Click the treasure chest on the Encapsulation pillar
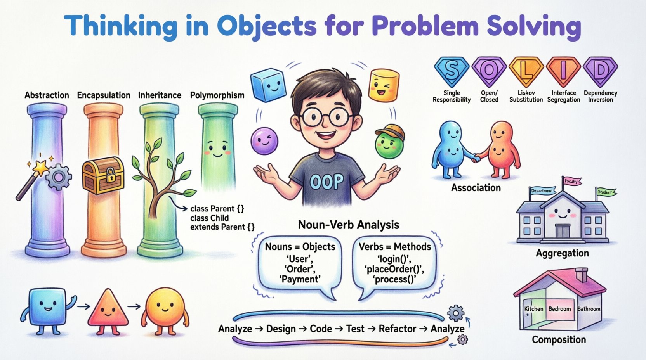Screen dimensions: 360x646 click(x=103, y=175)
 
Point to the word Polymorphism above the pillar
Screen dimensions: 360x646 click(x=217, y=95)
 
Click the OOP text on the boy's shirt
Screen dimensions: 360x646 click(x=327, y=181)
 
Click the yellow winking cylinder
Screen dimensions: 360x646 click(x=384, y=85)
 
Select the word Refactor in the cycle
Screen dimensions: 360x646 click(x=398, y=329)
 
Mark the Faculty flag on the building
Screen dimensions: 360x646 click(x=571, y=181)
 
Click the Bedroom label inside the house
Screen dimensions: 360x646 click(x=559, y=309)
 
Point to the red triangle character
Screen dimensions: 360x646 click(x=108, y=309)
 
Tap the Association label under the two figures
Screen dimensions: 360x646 click(x=476, y=188)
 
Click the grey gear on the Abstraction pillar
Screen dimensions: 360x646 click(x=59, y=177)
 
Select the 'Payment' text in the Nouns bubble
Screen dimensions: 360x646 click(x=300, y=279)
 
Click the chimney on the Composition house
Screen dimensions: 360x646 click(x=581, y=275)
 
